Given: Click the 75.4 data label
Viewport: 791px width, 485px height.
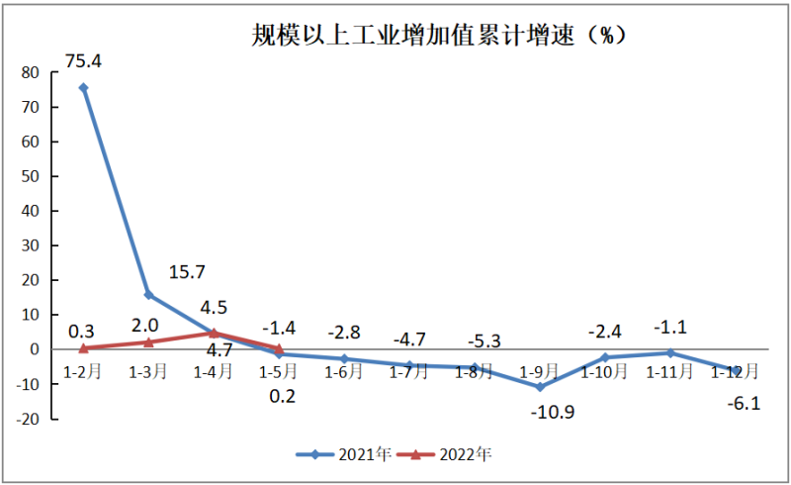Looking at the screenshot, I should coord(83,62).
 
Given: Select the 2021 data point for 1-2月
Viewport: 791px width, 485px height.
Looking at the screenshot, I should coord(83,87).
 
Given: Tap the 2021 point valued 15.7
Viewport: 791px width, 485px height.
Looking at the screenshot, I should coord(148,295).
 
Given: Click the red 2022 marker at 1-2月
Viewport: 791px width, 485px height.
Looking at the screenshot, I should coord(83,347).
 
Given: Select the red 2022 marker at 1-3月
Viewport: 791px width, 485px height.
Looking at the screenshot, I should coord(148,341).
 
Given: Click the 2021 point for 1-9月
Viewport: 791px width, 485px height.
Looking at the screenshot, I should coord(540,386).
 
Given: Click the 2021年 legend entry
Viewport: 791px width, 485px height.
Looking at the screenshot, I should coord(344,454).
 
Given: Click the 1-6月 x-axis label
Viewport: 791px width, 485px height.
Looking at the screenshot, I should coord(344,372).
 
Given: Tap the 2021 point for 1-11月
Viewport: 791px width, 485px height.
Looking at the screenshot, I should coord(670,352).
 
